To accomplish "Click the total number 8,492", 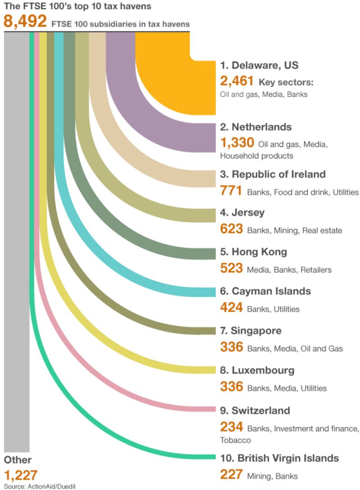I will (x=25, y=22).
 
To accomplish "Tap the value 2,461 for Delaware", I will (x=237, y=81).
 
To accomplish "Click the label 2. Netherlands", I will (x=256, y=127).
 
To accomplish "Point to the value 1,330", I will (x=237, y=143).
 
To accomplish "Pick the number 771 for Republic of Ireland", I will (x=231, y=191).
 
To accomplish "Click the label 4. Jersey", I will (x=242, y=212).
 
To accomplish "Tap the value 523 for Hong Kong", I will (x=231, y=269).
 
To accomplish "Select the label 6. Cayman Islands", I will (x=265, y=291).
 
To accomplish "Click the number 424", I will (x=231, y=308).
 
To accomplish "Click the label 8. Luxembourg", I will (x=257, y=370).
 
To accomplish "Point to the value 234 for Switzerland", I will (x=231, y=427).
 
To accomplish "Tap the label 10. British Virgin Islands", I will (x=279, y=458).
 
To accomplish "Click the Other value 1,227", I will (x=20, y=475).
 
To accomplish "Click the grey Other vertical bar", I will (x=17, y=243).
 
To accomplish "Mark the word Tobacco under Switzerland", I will (x=235, y=440).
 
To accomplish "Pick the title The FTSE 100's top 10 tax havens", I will (x=76, y=6).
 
